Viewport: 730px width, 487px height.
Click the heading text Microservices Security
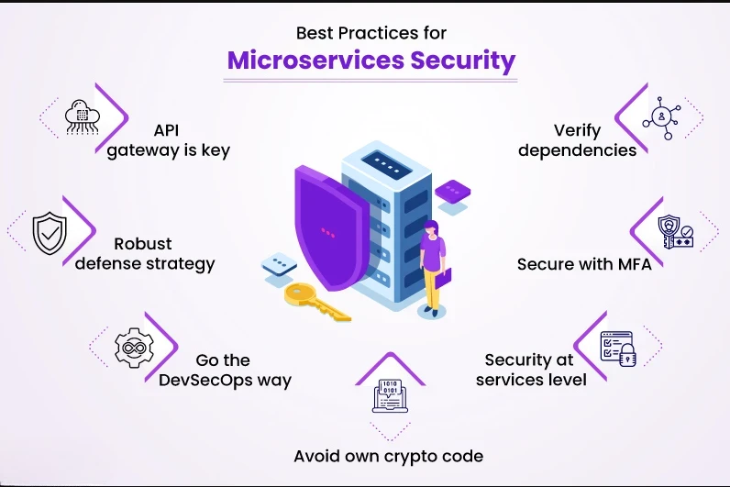pyautogui.click(x=371, y=61)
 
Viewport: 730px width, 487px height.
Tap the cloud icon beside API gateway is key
pyautogui.click(x=83, y=117)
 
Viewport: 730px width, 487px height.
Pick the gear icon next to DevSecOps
pyautogui.click(x=130, y=348)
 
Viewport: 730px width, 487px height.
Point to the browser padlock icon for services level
pyautogui.click(x=617, y=347)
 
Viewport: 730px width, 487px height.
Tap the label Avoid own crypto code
pyautogui.click(x=388, y=456)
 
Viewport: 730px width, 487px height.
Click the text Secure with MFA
pyautogui.click(x=577, y=264)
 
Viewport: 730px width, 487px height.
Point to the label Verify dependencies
pyautogui.click(x=577, y=140)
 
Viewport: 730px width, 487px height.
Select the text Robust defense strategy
pyautogui.click(x=145, y=254)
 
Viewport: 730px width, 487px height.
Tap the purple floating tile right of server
pyautogui.click(x=452, y=192)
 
